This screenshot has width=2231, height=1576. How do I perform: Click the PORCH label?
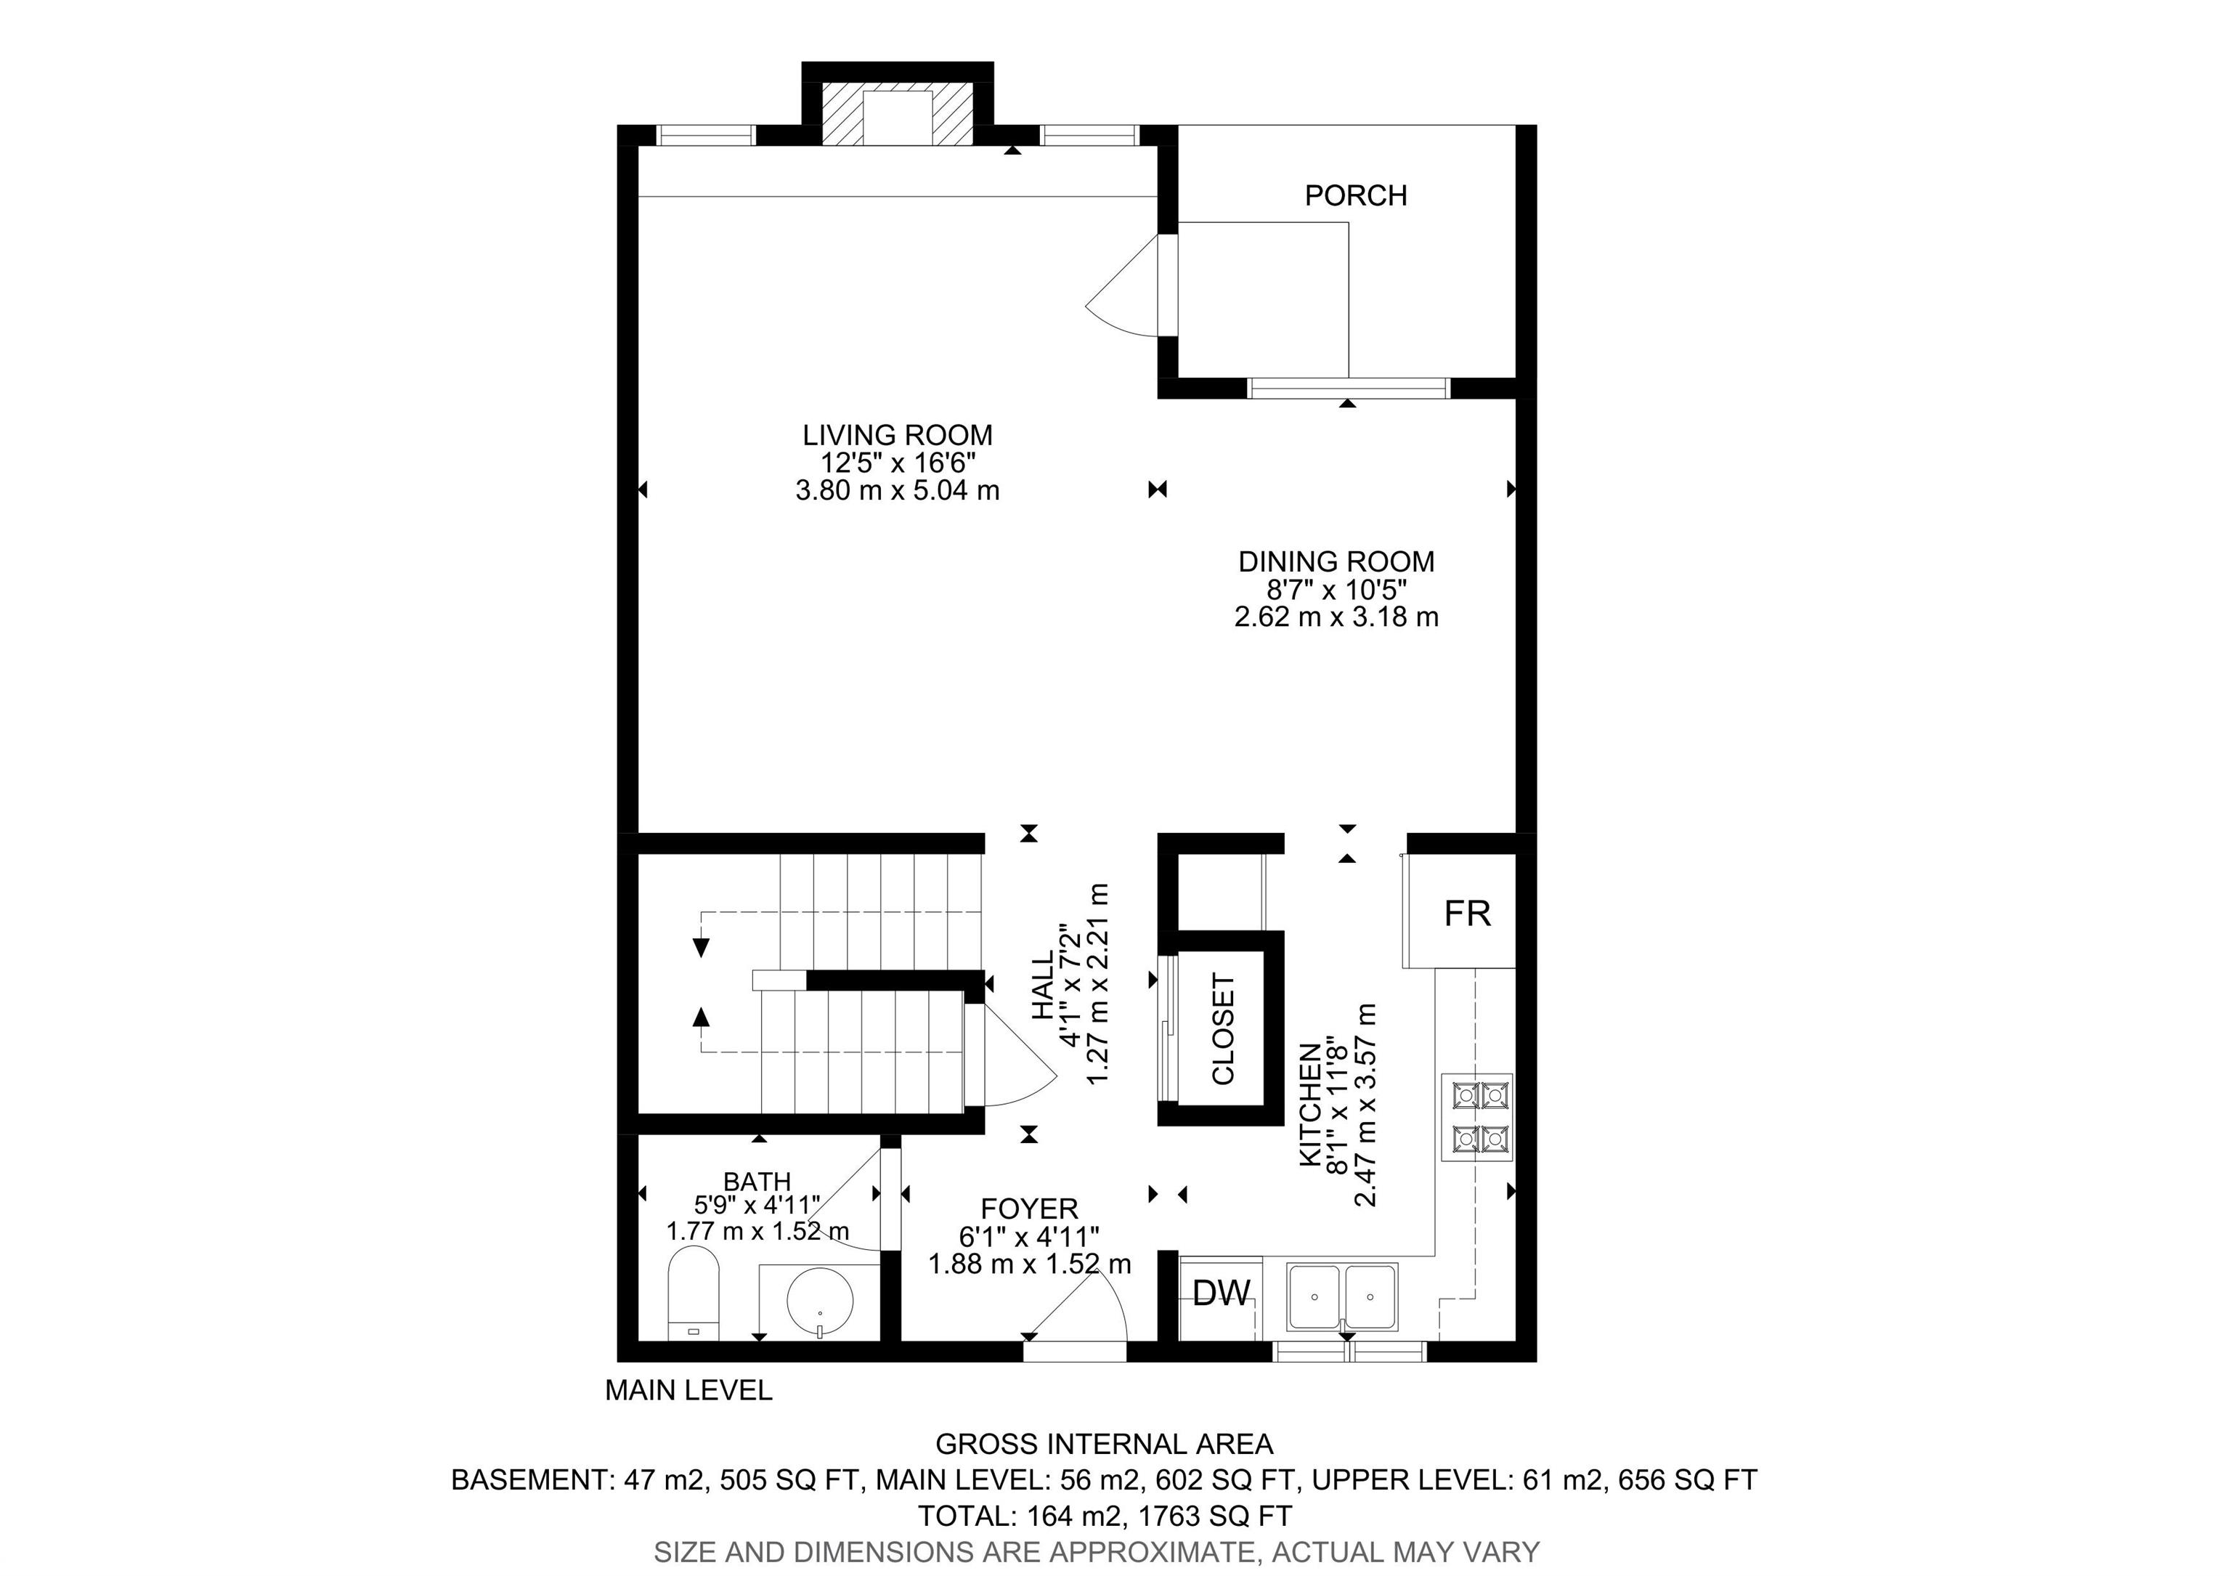pos(1355,195)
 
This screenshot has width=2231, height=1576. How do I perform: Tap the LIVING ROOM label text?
pos(897,434)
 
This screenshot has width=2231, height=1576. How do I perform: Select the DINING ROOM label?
pos(1336,561)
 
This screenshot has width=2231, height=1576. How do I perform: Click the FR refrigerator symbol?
pos(1460,911)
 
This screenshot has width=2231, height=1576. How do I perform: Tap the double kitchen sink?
pos(1343,1296)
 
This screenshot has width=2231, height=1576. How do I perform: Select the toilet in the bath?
pos(694,1294)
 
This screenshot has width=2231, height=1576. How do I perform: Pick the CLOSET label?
pos(1222,1030)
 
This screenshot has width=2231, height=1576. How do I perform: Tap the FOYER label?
pos(1029,1209)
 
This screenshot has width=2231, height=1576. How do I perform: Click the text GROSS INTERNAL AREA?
pos(1104,1444)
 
